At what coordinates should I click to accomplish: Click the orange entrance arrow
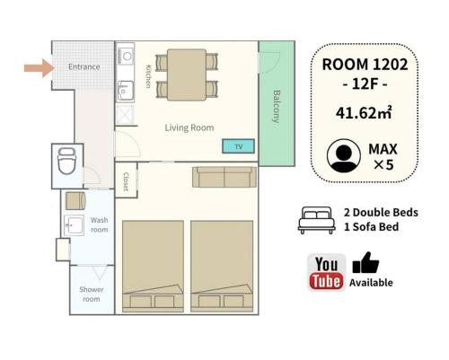pos(40,68)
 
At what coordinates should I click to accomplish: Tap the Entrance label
pos(84,66)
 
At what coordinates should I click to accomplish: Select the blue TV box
pos(238,146)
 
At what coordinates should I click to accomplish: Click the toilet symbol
pos(66,161)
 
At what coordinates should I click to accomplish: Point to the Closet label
pos(126,181)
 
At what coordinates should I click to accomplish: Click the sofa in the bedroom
pos(224,177)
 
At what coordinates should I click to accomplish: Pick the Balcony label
pos(276,107)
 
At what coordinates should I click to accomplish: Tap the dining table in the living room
pos(187,75)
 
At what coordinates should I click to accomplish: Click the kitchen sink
pos(126,91)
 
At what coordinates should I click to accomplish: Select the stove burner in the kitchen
pos(127,56)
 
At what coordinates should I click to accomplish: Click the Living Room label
pos(189,127)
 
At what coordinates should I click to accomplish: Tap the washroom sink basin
pos(74,225)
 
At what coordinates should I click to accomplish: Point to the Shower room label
pos(92,294)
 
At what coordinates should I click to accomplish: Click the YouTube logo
pos(326,272)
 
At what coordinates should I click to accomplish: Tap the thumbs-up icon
pos(365,262)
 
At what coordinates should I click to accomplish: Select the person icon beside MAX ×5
pos(344,155)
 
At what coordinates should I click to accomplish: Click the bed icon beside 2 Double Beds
pos(317,220)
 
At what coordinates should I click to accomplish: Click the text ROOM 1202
pos(365,65)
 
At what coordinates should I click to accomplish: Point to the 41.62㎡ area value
pos(364,113)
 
